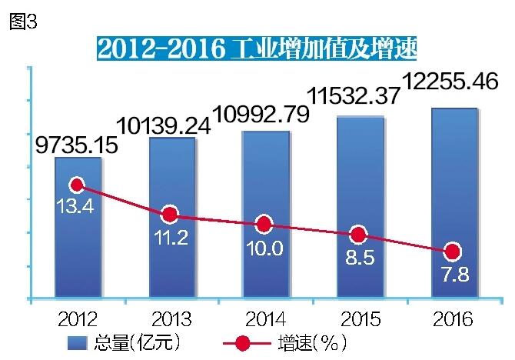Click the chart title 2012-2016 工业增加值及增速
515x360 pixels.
(257, 48)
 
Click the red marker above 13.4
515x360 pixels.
(76, 185)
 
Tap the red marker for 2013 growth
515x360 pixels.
(170, 215)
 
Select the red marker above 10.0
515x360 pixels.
(264, 225)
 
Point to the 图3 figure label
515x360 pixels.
(22, 22)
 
